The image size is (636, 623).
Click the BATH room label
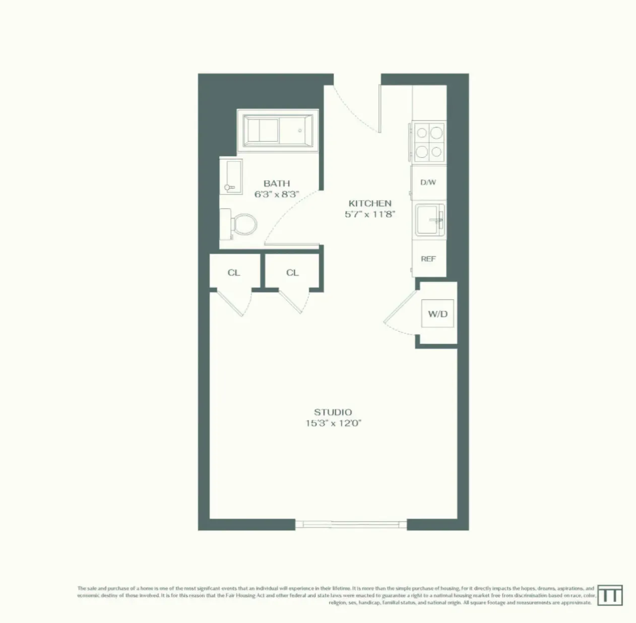pyautogui.click(x=277, y=183)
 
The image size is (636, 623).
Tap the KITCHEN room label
pyautogui.click(x=370, y=204)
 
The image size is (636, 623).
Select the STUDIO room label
pyautogui.click(x=333, y=412)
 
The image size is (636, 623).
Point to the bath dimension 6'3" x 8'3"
pyautogui.click(x=277, y=195)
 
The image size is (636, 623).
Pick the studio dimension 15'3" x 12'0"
pyautogui.click(x=333, y=423)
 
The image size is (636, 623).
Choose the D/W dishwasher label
pyautogui.click(x=428, y=182)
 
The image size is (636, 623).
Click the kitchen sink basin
pyautogui.click(x=430, y=220)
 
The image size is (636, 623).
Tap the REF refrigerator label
pyautogui.click(x=428, y=259)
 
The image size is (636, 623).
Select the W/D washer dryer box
pyautogui.click(x=437, y=314)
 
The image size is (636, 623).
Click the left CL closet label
pyautogui.click(x=234, y=273)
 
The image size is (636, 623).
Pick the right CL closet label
pyautogui.click(x=292, y=273)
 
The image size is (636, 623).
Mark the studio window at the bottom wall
pyautogui.click(x=351, y=524)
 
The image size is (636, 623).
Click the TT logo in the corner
pyautogui.click(x=610, y=595)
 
